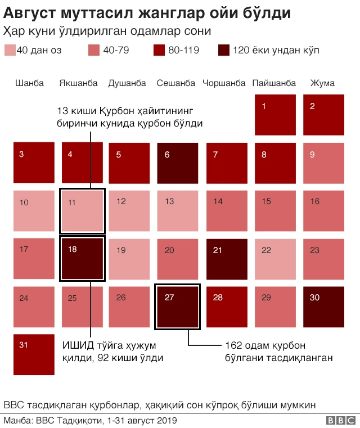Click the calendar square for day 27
[x=178, y=307]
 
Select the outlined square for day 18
[x=82, y=259]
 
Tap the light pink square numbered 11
[x=82, y=211]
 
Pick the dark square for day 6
[x=178, y=163]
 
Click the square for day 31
[x=34, y=354]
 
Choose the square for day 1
[x=275, y=115]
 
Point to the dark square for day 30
[x=323, y=307]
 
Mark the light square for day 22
[x=275, y=259]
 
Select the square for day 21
[x=227, y=259]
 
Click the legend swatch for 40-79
[x=94, y=50]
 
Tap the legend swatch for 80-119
[x=159, y=50]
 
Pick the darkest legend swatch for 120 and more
[x=223, y=50]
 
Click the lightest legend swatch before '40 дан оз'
[x=10, y=50]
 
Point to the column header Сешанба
[x=176, y=83]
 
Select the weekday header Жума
[x=322, y=83]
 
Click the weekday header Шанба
[x=30, y=83]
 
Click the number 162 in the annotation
[x=233, y=345]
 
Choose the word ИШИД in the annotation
[x=75, y=345]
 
